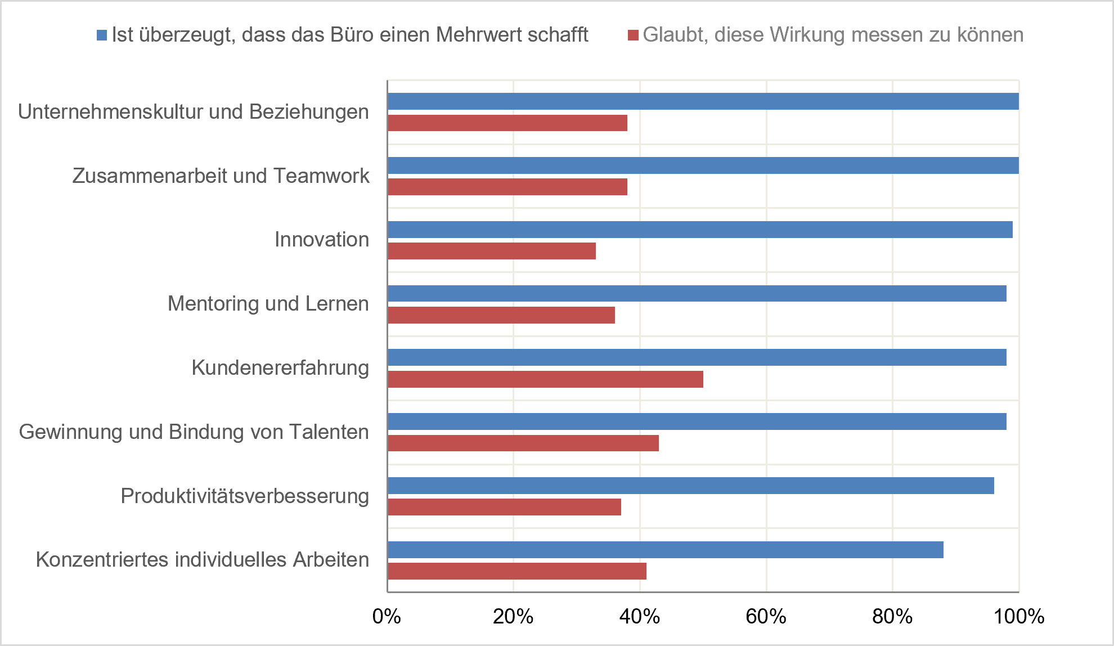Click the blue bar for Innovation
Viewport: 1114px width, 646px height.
[700, 230]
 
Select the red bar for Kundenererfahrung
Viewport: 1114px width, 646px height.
[545, 379]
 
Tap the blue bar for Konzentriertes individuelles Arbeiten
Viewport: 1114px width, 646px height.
[666, 550]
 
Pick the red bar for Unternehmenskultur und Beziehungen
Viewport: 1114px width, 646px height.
[507, 123]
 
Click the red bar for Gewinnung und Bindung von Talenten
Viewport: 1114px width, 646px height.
[523, 443]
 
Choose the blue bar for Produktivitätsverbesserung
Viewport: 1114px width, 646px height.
[691, 486]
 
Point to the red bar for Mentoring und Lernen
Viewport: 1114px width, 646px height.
[501, 315]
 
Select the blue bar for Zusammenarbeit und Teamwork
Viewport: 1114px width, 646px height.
[703, 165]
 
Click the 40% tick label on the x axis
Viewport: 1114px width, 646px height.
[640, 617]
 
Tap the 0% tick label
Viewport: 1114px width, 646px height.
[387, 617]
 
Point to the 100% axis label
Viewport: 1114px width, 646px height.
[1019, 617]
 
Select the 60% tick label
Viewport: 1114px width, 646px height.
[766, 617]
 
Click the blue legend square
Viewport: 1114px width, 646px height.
[102, 35]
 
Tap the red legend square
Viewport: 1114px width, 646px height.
[633, 35]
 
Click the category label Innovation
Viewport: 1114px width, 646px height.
[322, 240]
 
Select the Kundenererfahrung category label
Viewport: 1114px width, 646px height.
[280, 367]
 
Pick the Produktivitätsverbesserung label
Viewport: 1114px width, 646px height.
[245, 496]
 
